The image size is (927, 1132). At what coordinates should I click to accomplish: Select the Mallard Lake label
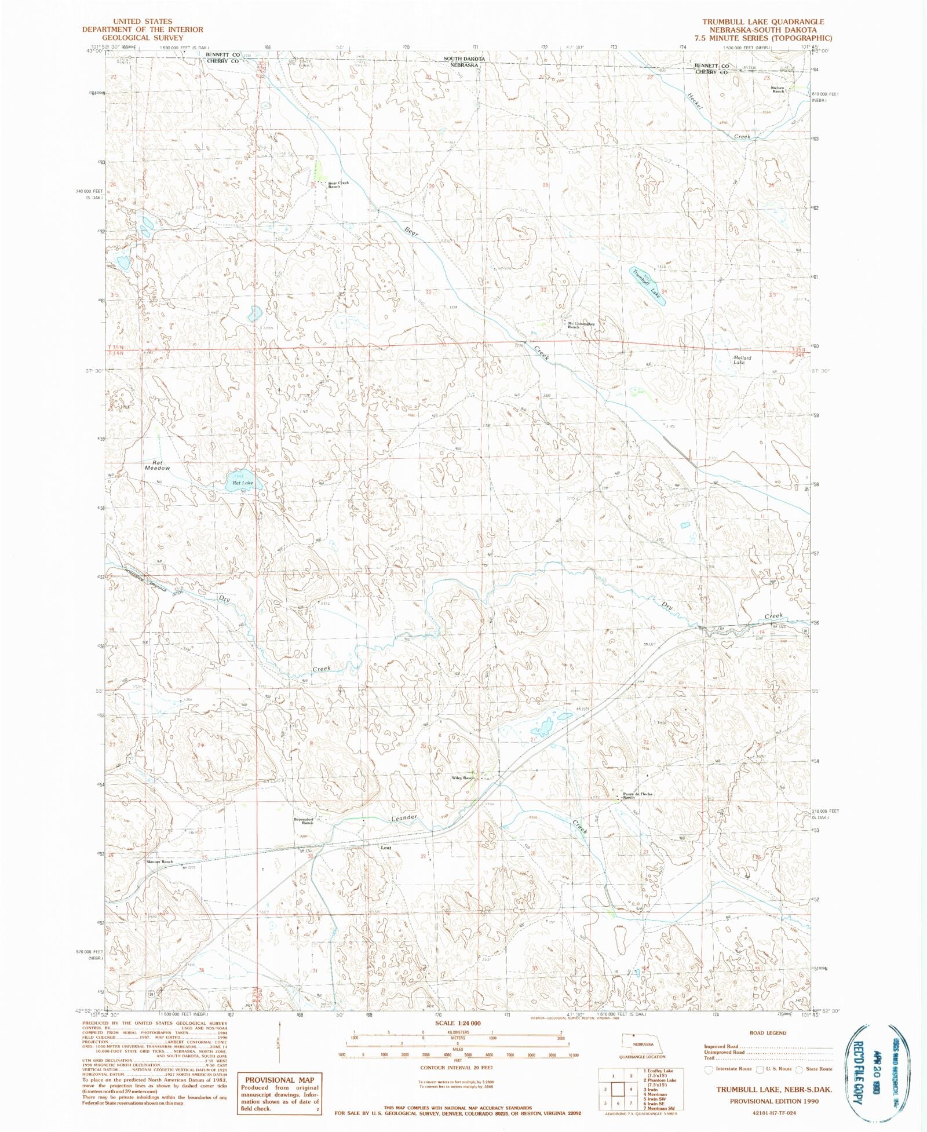[x=742, y=360]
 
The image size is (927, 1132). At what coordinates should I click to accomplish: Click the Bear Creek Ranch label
[x=338, y=185]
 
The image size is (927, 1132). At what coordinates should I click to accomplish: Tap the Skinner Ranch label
[x=159, y=862]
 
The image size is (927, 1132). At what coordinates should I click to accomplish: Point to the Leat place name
[x=386, y=848]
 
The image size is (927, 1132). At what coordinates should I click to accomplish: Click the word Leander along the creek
[x=404, y=818]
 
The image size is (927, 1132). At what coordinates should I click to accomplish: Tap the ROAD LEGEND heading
[x=768, y=1033]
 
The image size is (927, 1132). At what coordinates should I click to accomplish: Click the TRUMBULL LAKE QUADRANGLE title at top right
[x=763, y=21]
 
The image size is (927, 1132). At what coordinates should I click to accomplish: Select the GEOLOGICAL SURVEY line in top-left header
[x=143, y=37]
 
